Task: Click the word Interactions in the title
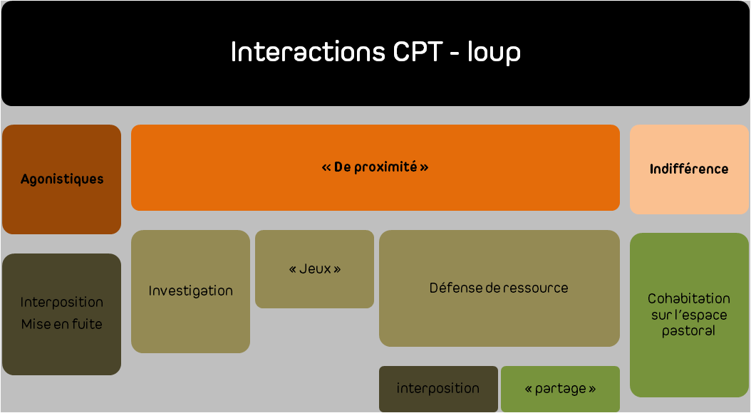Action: (308, 52)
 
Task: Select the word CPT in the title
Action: (417, 52)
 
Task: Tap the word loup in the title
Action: (494, 53)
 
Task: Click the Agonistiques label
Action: (62, 179)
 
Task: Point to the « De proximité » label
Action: (375, 167)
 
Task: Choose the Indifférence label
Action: (689, 169)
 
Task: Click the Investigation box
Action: (191, 291)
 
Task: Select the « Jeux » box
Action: (315, 269)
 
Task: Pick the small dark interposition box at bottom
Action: (438, 389)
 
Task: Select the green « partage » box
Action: (560, 389)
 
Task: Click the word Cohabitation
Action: (689, 298)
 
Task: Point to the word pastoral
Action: (689, 331)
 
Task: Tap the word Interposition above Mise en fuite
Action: (62, 303)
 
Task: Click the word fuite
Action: (87, 324)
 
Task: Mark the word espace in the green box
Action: (703, 316)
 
